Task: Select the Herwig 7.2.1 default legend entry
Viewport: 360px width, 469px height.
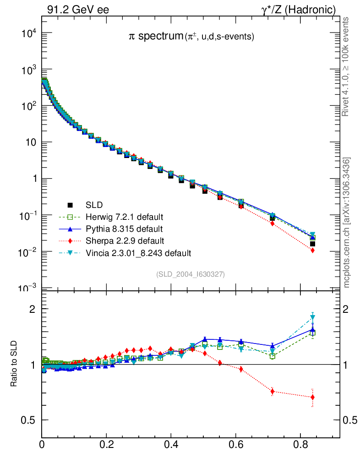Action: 124,217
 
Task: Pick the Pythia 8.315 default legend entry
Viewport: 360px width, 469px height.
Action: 124,229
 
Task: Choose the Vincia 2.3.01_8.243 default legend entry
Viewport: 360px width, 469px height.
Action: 137,252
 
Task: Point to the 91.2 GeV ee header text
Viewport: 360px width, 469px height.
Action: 78,10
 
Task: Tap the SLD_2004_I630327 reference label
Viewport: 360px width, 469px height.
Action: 191,274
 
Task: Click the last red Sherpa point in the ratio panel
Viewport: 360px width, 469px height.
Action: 312,397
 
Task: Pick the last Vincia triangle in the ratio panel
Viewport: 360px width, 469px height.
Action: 312,317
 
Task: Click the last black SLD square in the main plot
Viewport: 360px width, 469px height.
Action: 312,244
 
